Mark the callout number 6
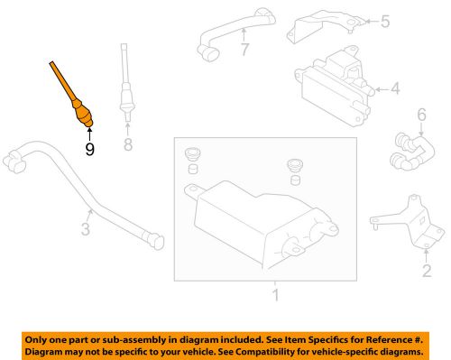[419, 115]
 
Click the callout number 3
[86, 231]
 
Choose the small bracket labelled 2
[405, 220]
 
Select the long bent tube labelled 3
[99, 194]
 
